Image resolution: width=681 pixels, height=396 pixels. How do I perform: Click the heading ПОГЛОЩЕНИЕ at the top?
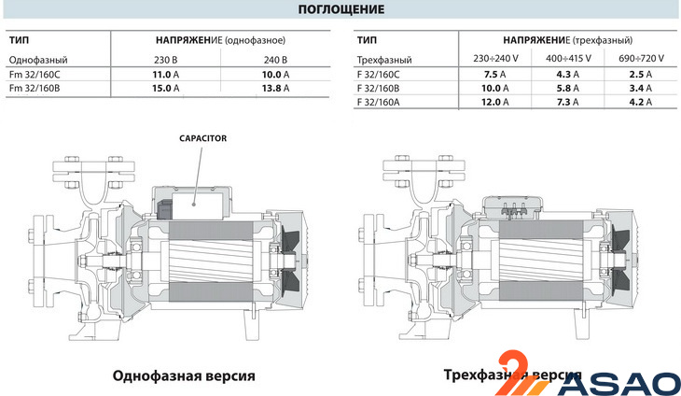(340, 10)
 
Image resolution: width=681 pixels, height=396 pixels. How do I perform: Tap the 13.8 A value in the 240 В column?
(272, 88)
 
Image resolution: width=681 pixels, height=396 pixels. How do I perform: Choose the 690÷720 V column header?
(641, 59)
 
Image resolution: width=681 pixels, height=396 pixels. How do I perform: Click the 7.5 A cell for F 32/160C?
(490, 74)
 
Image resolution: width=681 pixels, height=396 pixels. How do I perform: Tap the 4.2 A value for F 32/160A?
(641, 102)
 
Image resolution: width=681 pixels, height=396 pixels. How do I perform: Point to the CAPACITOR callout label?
(203, 138)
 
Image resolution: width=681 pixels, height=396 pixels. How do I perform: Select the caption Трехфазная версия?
(509, 375)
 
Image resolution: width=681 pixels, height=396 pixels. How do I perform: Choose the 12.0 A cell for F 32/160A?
(490, 102)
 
